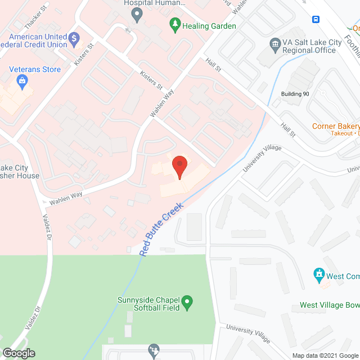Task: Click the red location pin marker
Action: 179,166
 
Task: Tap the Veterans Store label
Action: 34,70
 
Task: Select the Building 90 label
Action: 295,94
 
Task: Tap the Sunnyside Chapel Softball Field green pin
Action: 189,303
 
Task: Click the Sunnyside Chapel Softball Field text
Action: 148,303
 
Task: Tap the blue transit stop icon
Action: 316,19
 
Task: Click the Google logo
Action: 19,353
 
